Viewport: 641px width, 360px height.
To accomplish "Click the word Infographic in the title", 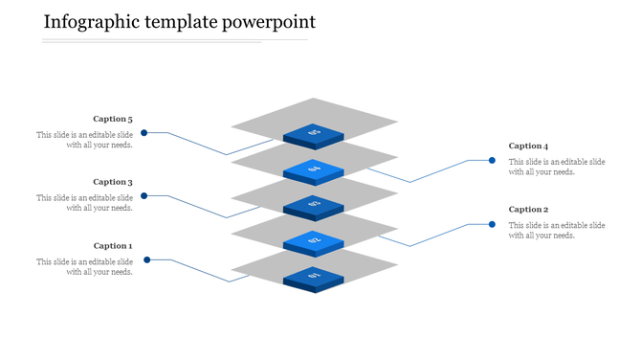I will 91,22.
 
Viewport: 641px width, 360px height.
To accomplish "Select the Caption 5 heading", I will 113,120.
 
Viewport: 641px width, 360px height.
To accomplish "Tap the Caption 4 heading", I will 528,146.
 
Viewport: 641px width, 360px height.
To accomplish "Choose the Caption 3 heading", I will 113,182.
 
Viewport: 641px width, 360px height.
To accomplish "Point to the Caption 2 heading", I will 528,210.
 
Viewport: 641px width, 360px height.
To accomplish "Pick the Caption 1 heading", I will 113,246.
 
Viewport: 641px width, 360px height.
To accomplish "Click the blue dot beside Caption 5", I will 144,132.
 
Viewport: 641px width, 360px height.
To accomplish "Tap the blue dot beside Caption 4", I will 492,161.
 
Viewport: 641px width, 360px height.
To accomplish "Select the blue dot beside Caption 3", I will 144,196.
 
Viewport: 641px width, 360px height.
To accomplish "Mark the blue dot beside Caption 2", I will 492,224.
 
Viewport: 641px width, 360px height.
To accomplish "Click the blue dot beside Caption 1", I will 146,259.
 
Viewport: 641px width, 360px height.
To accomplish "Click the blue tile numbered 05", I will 314,134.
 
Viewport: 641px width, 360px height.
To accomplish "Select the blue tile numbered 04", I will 314,169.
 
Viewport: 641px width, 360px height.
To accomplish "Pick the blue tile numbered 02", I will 314,240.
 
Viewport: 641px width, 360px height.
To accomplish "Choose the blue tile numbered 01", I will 314,276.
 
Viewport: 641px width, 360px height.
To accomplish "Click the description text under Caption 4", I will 557,167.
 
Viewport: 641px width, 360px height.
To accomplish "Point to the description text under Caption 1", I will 85,266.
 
